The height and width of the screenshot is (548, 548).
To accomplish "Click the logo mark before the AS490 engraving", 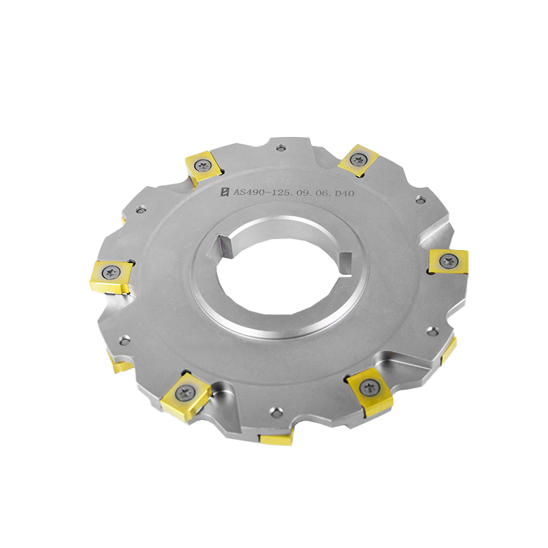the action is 225,192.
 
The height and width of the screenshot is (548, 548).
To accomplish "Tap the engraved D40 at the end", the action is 345,193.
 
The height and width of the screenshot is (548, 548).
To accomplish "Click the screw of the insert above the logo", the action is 203,165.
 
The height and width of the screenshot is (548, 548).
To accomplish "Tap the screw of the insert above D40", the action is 358,160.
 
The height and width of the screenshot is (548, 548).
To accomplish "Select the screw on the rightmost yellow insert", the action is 449,261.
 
